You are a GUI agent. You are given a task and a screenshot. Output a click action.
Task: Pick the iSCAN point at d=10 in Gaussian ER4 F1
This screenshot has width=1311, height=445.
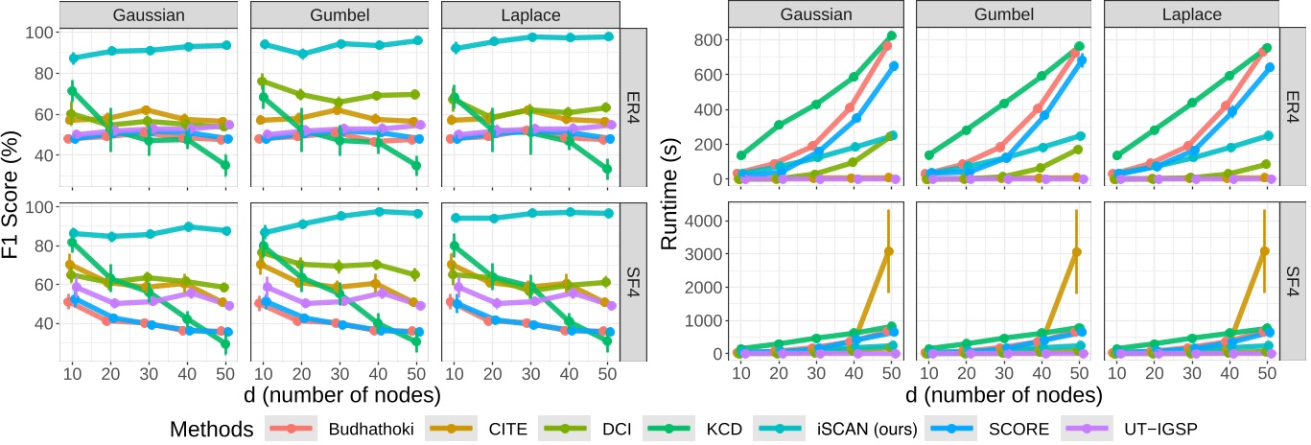pyautogui.click(x=73, y=58)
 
